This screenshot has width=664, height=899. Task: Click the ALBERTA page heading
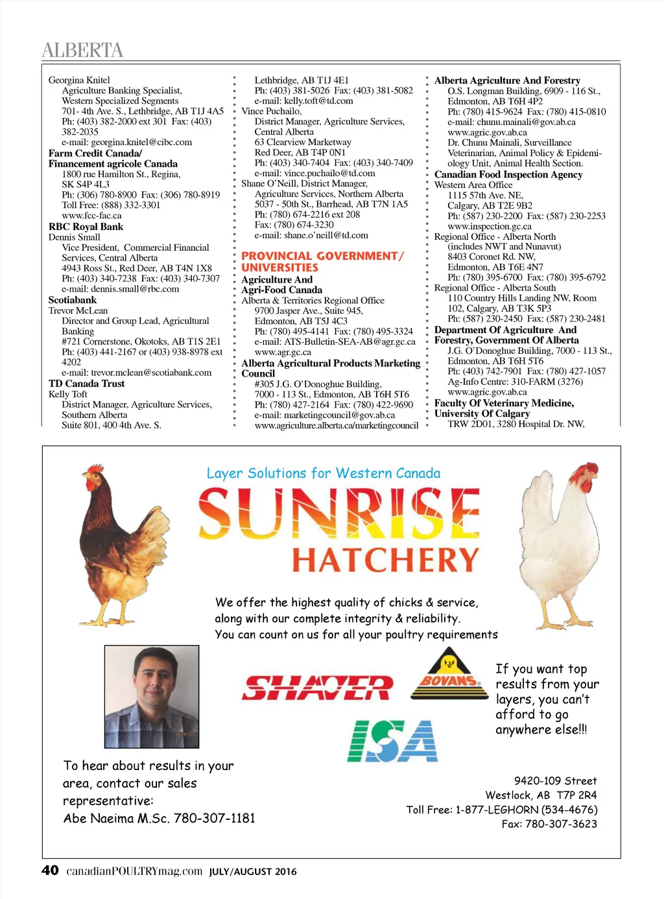(x=82, y=50)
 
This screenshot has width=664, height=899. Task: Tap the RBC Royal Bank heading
(x=86, y=227)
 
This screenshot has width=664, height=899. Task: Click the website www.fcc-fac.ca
(x=91, y=215)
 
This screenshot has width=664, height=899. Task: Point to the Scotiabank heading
(x=73, y=300)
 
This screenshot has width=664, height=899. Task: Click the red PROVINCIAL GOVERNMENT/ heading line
(x=322, y=256)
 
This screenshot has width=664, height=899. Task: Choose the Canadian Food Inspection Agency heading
(x=508, y=174)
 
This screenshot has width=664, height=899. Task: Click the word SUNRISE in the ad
(x=338, y=513)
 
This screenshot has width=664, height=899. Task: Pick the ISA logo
(x=392, y=741)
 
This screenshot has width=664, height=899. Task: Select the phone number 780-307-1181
(x=215, y=818)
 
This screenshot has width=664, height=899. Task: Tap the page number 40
(x=50, y=870)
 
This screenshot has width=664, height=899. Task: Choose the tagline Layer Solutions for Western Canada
(x=323, y=473)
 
